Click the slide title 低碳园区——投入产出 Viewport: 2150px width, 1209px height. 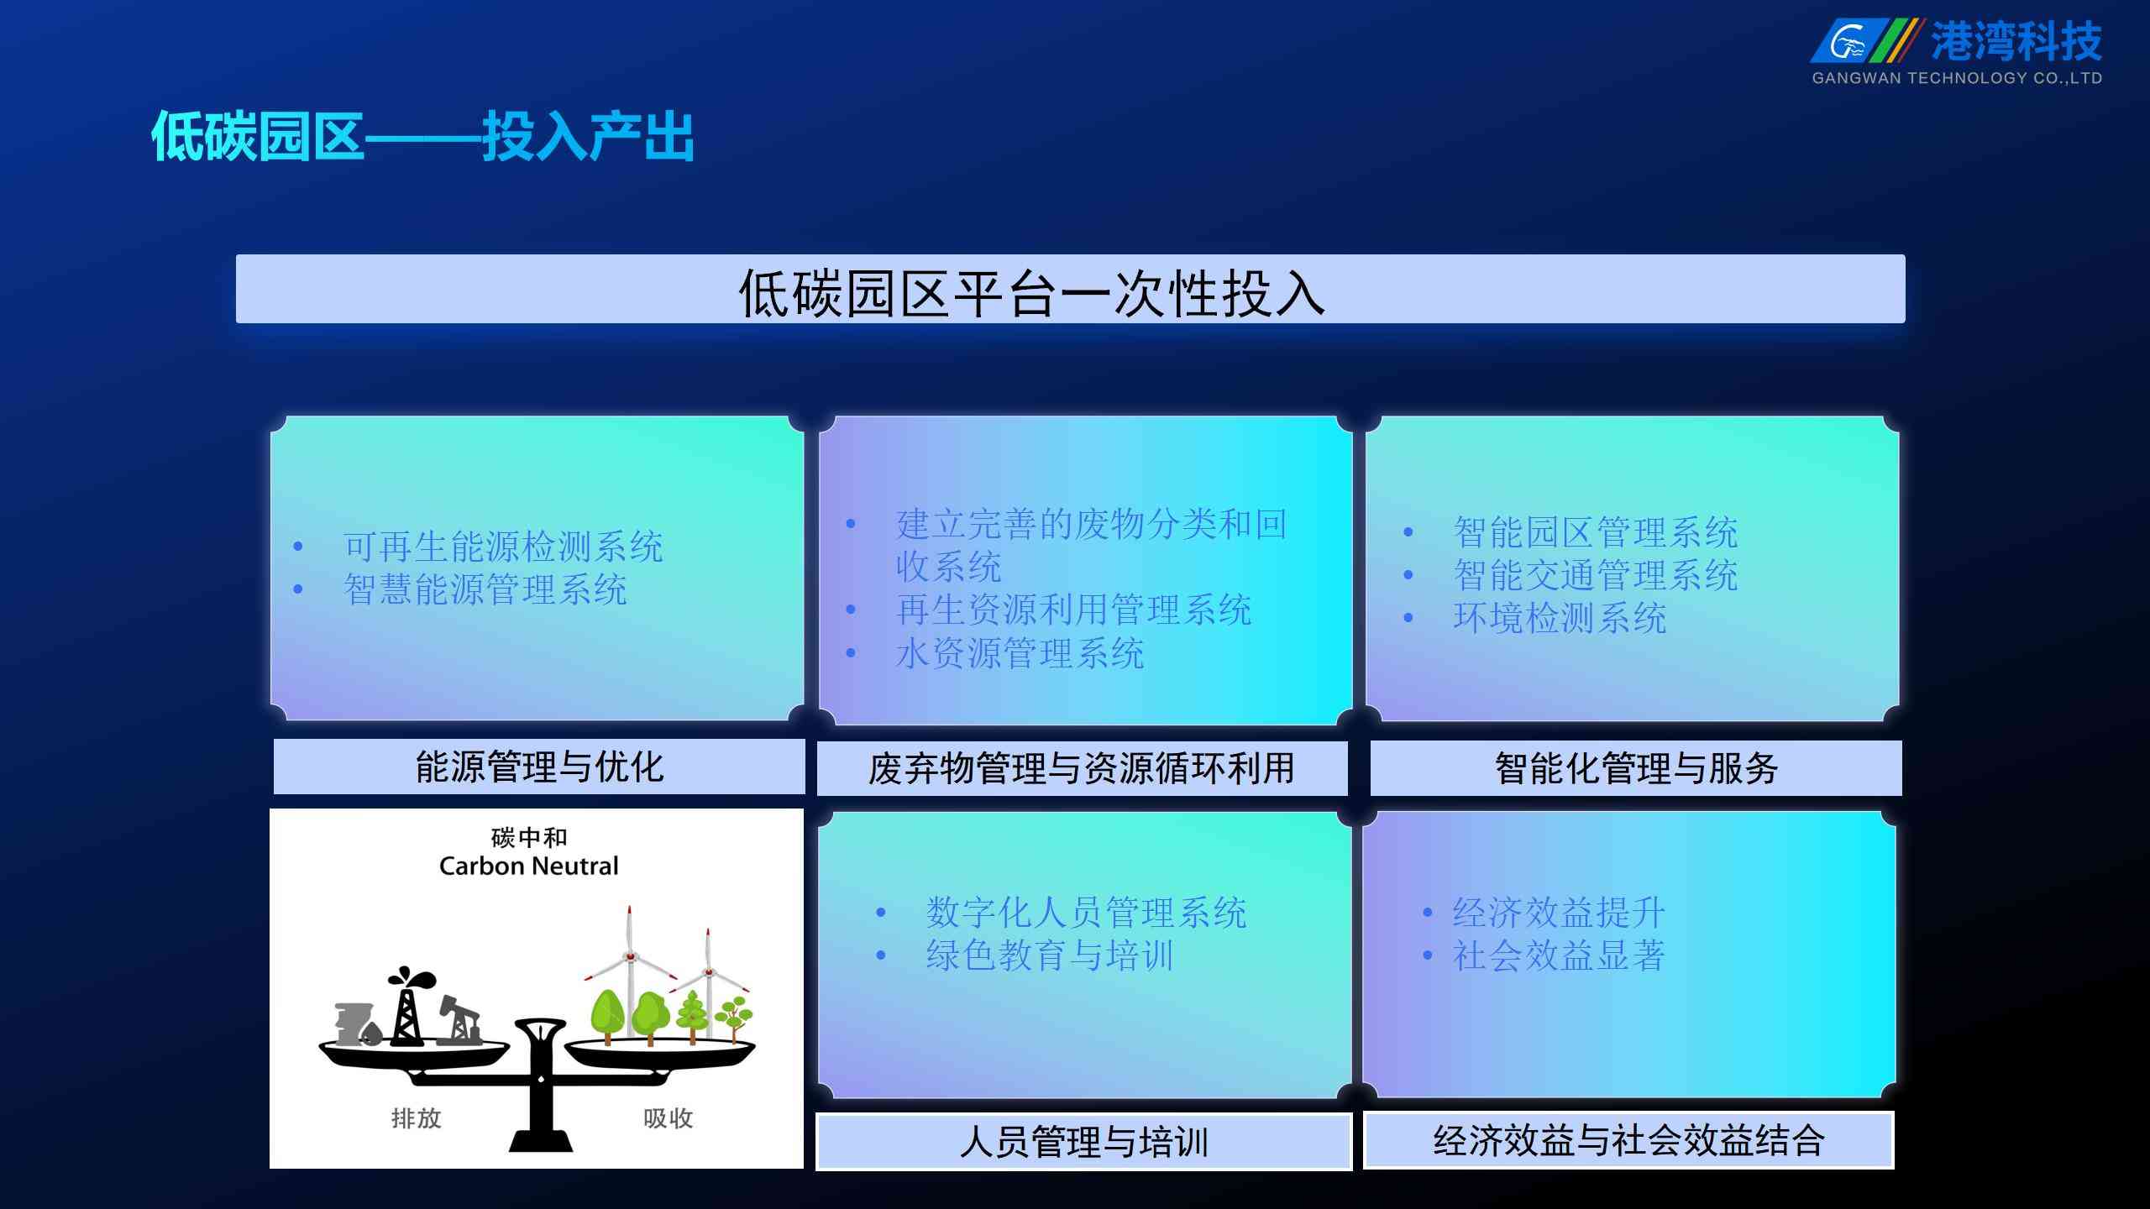tap(423, 136)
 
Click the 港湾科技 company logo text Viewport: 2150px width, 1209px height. tap(2016, 41)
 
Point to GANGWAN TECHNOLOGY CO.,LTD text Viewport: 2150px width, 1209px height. tap(1957, 78)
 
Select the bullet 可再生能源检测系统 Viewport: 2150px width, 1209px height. tap(503, 547)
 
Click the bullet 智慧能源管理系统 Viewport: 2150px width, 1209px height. tap(485, 589)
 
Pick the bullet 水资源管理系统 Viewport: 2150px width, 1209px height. tap(1020, 653)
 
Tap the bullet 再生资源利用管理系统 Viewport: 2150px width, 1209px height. tap(1073, 610)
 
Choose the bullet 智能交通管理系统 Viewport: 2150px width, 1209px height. tap(1596, 575)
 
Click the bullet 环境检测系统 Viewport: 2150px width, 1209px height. tap(1560, 618)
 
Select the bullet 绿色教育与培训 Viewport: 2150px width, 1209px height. tap(1050, 955)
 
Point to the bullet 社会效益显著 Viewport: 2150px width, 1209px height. tap(1559, 955)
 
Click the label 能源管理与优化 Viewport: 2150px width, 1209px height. tap(539, 767)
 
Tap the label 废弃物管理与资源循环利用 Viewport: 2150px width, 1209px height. tap(1082, 768)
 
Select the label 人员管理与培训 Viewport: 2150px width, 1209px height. tap(1083, 1142)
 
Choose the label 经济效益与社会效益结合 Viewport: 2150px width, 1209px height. tap(1628, 1140)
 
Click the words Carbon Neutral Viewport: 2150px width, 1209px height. tap(529, 866)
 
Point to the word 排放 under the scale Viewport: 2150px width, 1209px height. tap(417, 1118)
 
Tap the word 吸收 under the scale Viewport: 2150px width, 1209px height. tap(669, 1118)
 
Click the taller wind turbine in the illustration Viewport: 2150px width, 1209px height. tap(629, 970)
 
